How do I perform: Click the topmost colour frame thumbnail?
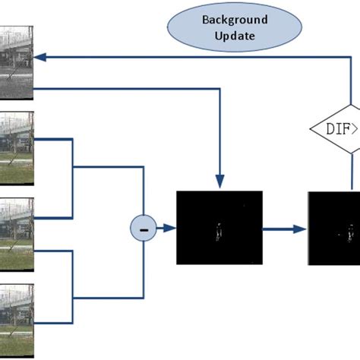click(16, 148)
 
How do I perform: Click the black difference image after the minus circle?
click(219, 227)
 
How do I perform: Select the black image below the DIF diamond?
click(334, 227)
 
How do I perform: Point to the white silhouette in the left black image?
click(219, 231)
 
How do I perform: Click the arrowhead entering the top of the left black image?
click(219, 182)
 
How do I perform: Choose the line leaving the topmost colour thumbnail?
click(53, 139)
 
